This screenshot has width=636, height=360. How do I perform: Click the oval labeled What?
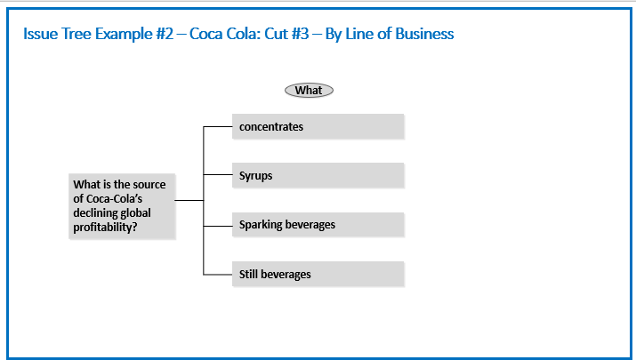(x=309, y=91)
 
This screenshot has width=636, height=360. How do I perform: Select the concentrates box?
(x=318, y=126)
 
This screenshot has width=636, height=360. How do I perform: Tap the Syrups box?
(x=318, y=175)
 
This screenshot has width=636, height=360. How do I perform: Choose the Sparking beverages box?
(x=318, y=225)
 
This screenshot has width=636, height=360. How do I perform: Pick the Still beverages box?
(x=318, y=274)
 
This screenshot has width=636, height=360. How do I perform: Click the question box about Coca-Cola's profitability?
(x=122, y=206)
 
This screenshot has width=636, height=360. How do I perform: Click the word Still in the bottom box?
(x=248, y=274)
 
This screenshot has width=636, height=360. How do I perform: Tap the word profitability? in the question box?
(x=106, y=228)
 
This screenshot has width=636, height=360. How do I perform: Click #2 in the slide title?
(x=165, y=34)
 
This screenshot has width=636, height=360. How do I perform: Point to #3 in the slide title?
(x=300, y=34)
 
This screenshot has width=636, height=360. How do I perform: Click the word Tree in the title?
(x=76, y=34)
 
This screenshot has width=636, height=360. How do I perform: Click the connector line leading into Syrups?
(x=218, y=175)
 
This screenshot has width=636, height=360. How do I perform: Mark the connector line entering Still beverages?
(x=218, y=275)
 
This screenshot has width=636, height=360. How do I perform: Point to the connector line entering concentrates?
(x=218, y=127)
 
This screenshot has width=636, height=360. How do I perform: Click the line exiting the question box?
(x=189, y=200)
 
